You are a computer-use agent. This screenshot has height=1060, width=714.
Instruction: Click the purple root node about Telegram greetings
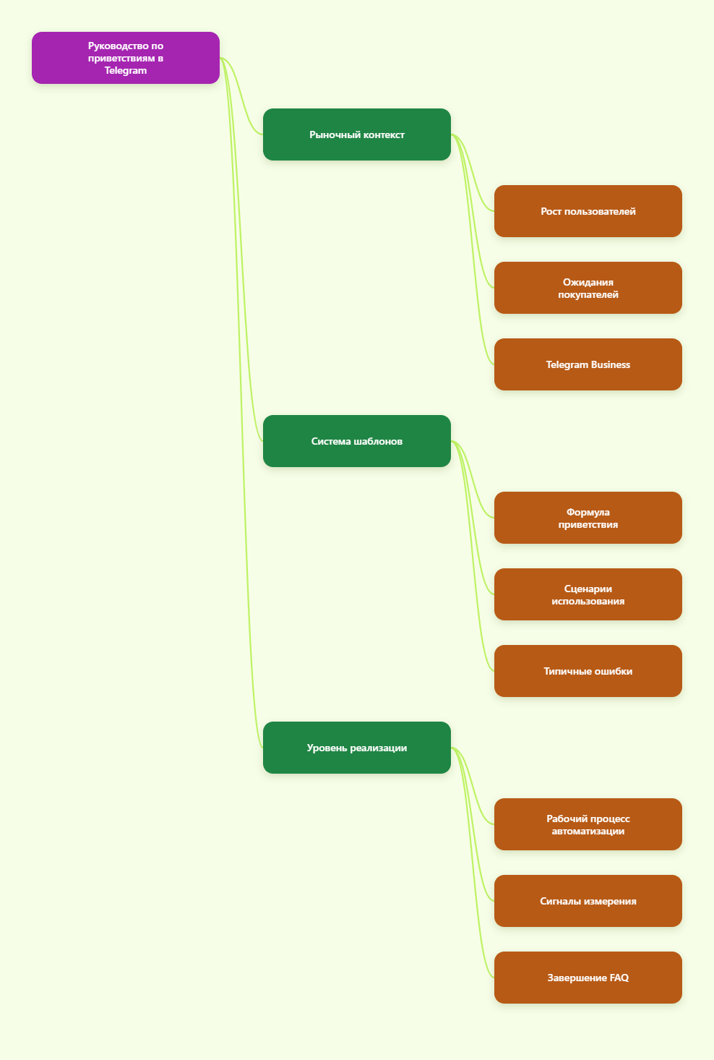(126, 58)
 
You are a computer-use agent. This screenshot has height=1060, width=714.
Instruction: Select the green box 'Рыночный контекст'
(357, 134)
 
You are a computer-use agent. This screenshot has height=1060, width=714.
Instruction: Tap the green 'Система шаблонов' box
(357, 441)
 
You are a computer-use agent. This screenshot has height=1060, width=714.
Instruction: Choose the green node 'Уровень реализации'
(357, 748)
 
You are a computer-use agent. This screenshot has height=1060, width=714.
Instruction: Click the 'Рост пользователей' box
(588, 211)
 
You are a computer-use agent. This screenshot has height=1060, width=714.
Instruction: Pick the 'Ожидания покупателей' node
(588, 288)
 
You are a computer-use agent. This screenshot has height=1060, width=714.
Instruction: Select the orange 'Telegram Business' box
(588, 364)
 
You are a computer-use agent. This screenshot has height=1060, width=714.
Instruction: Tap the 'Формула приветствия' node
(588, 518)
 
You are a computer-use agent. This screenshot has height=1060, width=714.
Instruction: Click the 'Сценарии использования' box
(588, 594)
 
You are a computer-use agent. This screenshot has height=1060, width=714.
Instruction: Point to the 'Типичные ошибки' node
(588, 671)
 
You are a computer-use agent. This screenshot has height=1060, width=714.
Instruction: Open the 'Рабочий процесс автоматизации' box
(588, 824)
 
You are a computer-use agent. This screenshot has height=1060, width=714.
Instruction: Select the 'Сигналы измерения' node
(588, 901)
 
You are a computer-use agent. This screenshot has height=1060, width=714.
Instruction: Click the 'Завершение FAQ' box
(588, 978)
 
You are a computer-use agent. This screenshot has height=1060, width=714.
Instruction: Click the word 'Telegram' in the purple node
(126, 71)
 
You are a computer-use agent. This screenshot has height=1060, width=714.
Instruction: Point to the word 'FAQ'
(619, 978)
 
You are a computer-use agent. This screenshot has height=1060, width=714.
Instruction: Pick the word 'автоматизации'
(588, 831)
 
